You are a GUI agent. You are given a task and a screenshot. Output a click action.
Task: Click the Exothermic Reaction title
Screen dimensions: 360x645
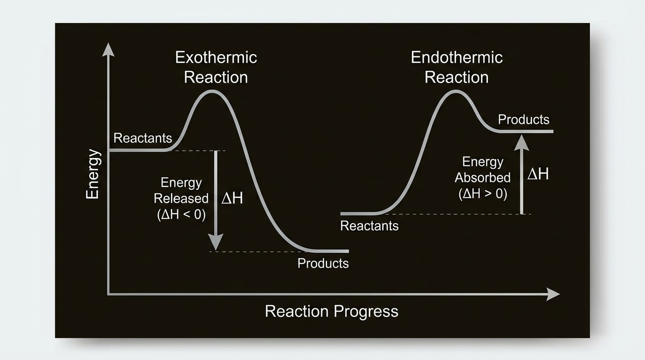coord(216,67)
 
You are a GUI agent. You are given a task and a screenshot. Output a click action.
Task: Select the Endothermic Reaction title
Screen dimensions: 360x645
coord(457,67)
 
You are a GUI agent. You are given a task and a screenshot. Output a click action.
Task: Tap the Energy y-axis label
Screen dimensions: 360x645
coord(93,174)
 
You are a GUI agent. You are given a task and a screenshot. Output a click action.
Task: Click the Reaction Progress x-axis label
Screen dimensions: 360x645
coord(331,311)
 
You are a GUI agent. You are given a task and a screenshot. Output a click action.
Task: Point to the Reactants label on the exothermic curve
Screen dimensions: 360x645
coord(143,138)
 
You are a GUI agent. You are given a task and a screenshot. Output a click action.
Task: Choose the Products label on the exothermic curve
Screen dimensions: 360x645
coord(323,263)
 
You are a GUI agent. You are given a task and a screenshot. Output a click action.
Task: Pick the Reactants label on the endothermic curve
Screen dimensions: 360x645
coord(369,226)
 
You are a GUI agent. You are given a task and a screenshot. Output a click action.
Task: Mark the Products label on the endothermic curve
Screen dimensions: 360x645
coord(524,120)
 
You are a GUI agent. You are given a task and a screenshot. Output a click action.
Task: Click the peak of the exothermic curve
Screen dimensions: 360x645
coord(212,91)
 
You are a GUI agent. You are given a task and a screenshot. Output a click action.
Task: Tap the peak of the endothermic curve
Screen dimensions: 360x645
coord(455,91)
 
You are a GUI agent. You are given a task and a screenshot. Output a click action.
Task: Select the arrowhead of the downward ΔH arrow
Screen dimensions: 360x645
coord(215,243)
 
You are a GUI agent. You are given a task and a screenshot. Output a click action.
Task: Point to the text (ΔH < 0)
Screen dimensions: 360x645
coord(181,215)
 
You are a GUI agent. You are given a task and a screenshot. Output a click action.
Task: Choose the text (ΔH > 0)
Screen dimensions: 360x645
coord(483,194)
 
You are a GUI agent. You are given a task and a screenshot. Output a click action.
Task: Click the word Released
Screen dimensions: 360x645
coord(181,199)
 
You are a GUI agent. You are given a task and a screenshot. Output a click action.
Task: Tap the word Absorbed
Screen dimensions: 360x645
coord(483,178)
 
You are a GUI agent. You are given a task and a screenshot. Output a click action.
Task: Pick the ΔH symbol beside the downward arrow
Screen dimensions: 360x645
coord(232,198)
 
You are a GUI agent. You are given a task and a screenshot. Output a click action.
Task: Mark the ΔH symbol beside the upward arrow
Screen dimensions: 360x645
coord(538,174)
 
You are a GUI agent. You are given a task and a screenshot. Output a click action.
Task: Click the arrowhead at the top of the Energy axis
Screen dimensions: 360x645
coord(108,49)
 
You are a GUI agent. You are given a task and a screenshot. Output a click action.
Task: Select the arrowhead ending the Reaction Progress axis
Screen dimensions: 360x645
coord(553,294)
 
